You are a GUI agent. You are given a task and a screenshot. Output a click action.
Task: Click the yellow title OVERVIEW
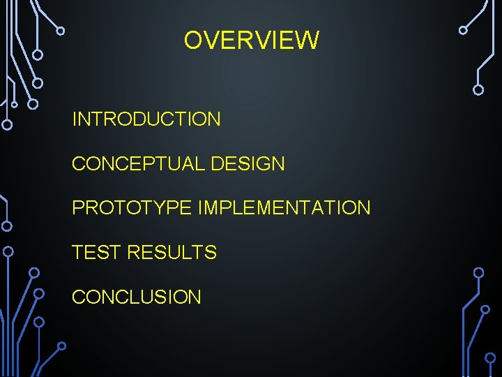[251, 40]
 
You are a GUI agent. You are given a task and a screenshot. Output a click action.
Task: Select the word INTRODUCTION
[146, 119]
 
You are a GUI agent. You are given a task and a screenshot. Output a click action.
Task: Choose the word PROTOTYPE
[132, 208]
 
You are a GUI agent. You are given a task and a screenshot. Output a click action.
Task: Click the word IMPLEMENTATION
[284, 208]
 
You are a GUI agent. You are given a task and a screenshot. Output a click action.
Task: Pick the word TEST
[96, 253]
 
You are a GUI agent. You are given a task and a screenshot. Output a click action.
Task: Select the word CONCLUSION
[137, 297]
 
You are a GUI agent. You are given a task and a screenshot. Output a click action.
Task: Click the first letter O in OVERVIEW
[192, 40]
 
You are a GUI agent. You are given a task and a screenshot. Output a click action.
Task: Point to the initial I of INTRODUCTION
[75, 119]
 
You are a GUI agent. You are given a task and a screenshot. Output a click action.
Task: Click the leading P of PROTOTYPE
[78, 208]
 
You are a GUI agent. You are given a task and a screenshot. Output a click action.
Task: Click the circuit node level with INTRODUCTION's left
[7, 126]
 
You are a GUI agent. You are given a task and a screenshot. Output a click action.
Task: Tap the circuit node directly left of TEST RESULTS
[8, 251]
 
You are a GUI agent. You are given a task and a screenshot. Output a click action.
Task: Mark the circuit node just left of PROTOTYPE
[7, 226]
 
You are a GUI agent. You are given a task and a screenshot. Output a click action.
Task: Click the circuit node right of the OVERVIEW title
[463, 30]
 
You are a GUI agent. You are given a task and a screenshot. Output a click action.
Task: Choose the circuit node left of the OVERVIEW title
[61, 31]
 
